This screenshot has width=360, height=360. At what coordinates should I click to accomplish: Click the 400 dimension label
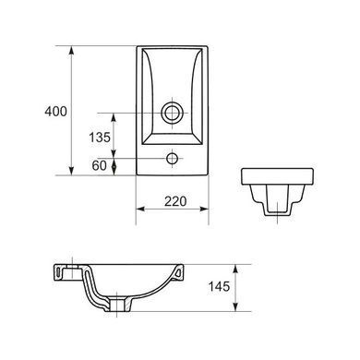(55, 111)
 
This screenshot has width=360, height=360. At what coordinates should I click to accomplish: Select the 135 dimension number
(100, 138)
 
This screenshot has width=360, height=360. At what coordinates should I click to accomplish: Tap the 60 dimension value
(100, 166)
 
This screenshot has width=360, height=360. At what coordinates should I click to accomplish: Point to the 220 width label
(175, 201)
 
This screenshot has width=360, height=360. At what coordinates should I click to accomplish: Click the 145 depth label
(219, 287)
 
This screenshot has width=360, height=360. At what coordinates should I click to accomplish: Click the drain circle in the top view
(172, 113)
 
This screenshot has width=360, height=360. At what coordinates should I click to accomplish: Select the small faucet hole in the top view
(172, 159)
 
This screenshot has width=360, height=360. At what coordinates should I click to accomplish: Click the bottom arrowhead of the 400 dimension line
(71, 171)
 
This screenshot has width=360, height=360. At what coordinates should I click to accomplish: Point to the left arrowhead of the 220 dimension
(140, 209)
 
